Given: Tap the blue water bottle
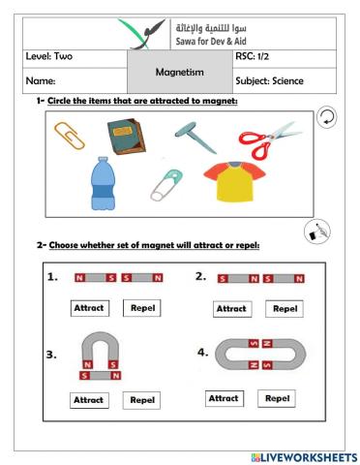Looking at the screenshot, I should pyautogui.click(x=104, y=183).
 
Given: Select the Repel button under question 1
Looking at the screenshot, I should pyautogui.click(x=142, y=308).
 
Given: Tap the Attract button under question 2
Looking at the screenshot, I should pyautogui.click(x=231, y=308).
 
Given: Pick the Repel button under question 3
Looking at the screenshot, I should pyautogui.click(x=142, y=399).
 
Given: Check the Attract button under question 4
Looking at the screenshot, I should pyautogui.click(x=224, y=398).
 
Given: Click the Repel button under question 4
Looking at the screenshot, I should pyautogui.click(x=277, y=398).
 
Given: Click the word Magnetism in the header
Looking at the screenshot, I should pyautogui.click(x=179, y=71).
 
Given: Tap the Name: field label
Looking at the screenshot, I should pyautogui.click(x=40, y=82).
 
